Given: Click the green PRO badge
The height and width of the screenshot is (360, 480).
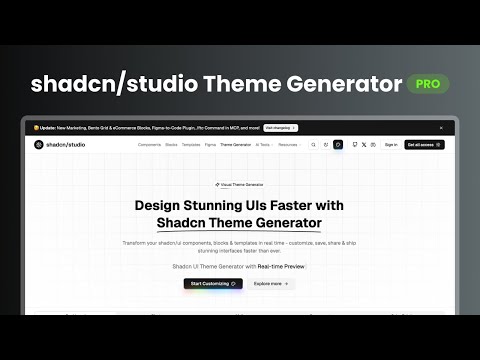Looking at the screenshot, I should pos(428,84).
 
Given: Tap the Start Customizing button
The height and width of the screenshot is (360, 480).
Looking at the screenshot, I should pos(212,283).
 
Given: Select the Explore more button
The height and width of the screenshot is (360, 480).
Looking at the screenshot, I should pos(270,283).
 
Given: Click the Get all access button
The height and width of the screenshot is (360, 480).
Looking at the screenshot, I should pos(424,144).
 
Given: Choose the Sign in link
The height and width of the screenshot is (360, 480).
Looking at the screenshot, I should pos(391,144).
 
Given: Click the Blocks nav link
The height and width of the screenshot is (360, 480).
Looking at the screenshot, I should pos(171,144).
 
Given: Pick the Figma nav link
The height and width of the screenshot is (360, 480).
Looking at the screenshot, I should pos(210,144).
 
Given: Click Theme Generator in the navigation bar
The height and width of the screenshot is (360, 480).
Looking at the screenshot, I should pos(235,144).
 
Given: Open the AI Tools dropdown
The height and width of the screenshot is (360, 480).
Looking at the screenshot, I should pos(264,144).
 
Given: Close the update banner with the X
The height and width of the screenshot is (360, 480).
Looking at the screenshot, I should pos(438,128).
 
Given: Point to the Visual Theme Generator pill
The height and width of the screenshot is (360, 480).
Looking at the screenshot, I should pos(239,185).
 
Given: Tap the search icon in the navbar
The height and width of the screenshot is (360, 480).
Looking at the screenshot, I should pos(313,144).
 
